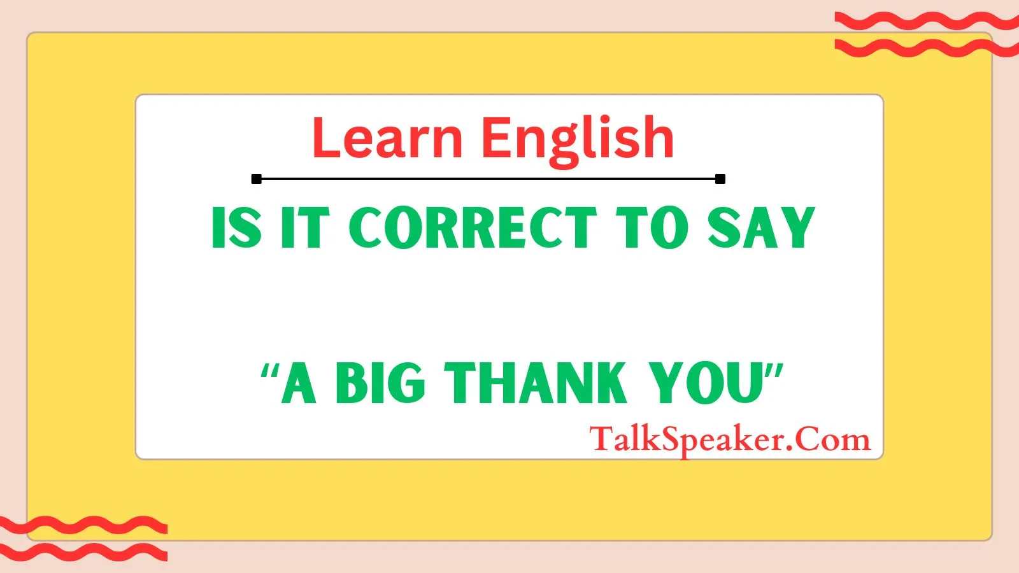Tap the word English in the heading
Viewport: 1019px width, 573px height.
[x=577, y=141]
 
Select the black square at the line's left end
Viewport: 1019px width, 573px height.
[x=257, y=179]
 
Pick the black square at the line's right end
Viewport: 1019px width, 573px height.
[x=720, y=179]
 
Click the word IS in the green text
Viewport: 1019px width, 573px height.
[x=237, y=227]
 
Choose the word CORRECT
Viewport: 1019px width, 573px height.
[x=473, y=227]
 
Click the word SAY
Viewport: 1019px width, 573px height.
[x=761, y=227]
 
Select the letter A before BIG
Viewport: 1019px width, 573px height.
[x=299, y=383]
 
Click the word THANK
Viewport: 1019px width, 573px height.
[x=536, y=383]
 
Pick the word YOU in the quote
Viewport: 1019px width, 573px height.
[x=706, y=383]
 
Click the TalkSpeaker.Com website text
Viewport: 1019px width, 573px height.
[x=730, y=440]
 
